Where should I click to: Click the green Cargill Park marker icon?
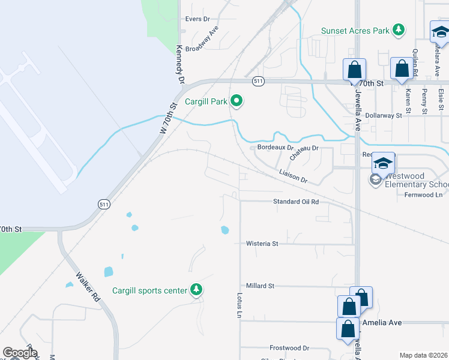click(237, 101)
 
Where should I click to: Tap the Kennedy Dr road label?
click(179, 64)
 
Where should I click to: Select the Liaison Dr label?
click(293, 176)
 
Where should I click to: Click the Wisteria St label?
click(262, 244)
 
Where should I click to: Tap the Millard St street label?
click(260, 286)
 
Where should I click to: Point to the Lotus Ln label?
click(239, 305)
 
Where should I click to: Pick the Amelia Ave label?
click(382, 322)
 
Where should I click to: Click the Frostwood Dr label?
click(289, 348)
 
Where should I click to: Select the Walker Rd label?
click(86, 286)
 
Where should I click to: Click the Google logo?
click(19, 353)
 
